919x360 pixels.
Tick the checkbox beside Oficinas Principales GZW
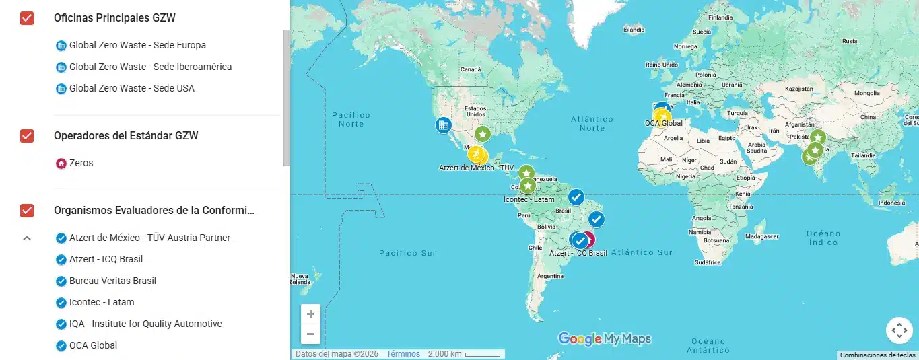pyautogui.click(x=27, y=18)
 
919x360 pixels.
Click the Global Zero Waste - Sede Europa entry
pyautogui.click(x=137, y=46)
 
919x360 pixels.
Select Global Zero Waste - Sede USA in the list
pyautogui.click(x=131, y=88)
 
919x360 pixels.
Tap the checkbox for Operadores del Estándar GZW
pyautogui.click(x=27, y=136)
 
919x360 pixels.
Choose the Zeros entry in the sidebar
pyautogui.click(x=81, y=163)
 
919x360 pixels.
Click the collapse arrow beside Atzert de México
pyautogui.click(x=27, y=238)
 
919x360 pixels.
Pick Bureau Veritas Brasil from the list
pyautogui.click(x=112, y=281)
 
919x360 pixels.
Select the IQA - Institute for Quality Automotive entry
pyautogui.click(x=145, y=324)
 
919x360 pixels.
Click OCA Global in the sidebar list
pyautogui.click(x=93, y=345)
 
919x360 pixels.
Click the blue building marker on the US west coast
pyautogui.click(x=443, y=124)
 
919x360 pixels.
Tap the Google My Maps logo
pyautogui.click(x=604, y=338)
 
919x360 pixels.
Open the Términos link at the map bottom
pyautogui.click(x=403, y=354)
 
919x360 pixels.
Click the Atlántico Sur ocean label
pyautogui.click(x=641, y=252)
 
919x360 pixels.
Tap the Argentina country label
pyautogui.click(x=550, y=276)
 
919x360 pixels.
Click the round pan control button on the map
pyautogui.click(x=899, y=330)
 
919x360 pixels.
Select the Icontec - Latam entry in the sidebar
pyautogui.click(x=101, y=302)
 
